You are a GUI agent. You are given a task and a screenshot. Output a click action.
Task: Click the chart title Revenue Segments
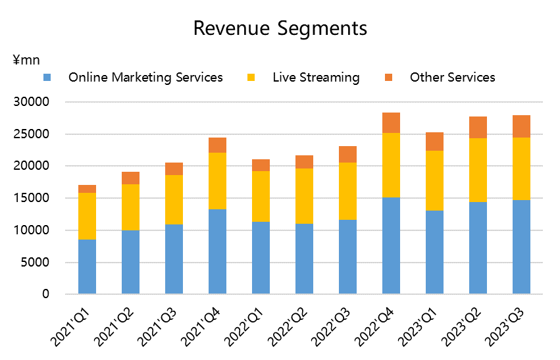point(280,28)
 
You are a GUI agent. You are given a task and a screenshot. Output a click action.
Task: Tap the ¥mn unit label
point(26,60)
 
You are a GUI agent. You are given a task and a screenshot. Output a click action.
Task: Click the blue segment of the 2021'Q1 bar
point(87,267)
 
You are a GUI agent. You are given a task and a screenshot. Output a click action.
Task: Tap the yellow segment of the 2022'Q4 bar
point(391,165)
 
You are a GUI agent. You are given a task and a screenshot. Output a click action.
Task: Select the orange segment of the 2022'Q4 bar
point(391,123)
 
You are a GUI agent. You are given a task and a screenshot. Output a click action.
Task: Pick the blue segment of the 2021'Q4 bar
point(217,251)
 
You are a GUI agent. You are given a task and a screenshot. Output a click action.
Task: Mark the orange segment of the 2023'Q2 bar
point(478,127)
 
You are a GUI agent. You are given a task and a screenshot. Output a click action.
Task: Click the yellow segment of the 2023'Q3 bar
point(521,168)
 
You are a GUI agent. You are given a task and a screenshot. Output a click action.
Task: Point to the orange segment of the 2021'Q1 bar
point(87,189)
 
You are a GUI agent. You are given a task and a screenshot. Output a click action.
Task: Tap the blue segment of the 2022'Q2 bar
point(304,259)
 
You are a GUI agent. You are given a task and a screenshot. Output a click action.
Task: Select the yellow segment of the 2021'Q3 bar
point(174,199)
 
